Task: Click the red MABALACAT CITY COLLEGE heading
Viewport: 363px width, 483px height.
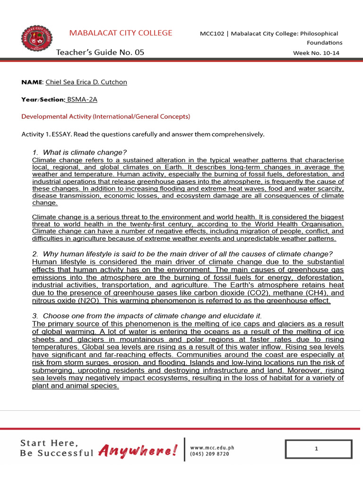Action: [121, 33]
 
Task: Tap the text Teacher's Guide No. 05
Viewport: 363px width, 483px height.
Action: [100, 52]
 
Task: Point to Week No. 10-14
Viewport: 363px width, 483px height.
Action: [316, 53]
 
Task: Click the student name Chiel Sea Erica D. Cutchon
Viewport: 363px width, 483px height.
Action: [86, 82]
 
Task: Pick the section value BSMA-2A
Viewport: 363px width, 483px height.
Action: [82, 99]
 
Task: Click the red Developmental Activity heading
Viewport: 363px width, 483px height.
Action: [106, 116]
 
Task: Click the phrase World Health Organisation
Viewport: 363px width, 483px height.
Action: [303, 224]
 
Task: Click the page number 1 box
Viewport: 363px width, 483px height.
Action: [319, 449]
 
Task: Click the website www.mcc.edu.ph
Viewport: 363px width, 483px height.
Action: [212, 447]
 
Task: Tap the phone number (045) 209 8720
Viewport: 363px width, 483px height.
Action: [209, 454]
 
